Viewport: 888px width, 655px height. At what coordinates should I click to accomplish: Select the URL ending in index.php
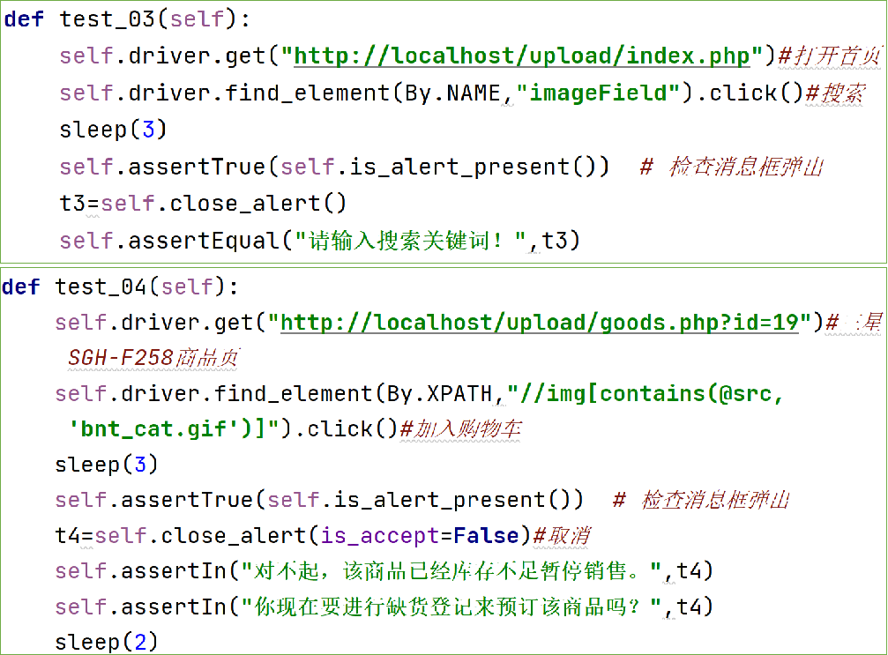tap(522, 56)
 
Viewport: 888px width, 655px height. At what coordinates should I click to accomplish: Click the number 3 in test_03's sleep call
tap(148, 130)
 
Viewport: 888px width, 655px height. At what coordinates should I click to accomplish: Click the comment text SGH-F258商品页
tap(153, 357)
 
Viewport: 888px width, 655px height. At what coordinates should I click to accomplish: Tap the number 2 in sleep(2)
tap(139, 642)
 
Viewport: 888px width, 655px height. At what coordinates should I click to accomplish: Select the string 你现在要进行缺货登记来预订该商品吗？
tap(454, 606)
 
